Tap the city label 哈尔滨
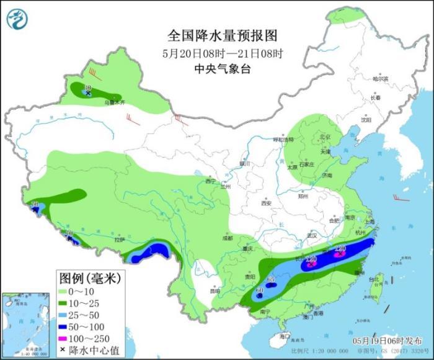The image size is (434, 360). pos(380,79)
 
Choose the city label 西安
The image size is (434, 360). pos(267,203)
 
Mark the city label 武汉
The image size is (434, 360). pos(312,235)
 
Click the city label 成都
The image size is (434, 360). pos(227,238)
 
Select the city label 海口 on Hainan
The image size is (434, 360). pos(285,336)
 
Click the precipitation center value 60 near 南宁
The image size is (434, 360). pos(260,290)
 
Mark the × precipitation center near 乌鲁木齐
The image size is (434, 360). pos(88,94)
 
